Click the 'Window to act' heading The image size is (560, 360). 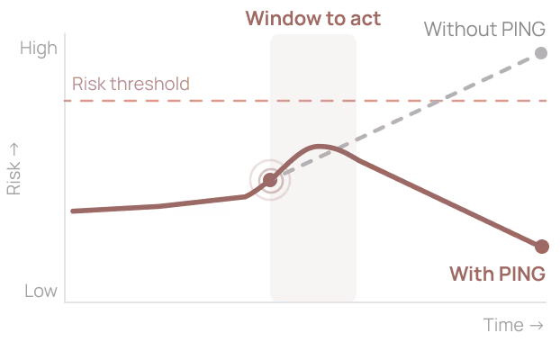(313, 18)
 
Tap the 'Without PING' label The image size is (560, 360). (484, 29)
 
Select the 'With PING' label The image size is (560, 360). (498, 274)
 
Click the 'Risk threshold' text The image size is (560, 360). (131, 84)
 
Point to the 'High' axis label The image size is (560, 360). (39, 49)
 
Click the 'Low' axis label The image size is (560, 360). (41, 291)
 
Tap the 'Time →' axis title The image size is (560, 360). (513, 325)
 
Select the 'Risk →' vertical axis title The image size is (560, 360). (14, 169)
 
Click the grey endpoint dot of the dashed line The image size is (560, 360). (541, 53)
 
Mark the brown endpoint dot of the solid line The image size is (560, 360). (542, 247)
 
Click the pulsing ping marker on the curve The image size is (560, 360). (270, 180)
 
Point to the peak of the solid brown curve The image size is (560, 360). (319, 147)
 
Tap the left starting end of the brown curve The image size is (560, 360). (73, 211)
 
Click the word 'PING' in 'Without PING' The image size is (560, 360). (523, 29)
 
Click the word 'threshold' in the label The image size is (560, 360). (150, 84)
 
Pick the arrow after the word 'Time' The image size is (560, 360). (537, 326)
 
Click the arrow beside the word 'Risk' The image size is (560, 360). (14, 149)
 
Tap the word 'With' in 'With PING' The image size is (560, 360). (471, 274)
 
